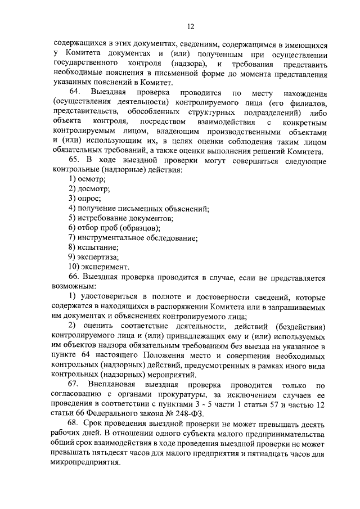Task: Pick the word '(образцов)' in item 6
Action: (141, 227)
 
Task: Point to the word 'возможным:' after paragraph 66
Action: (74, 286)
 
